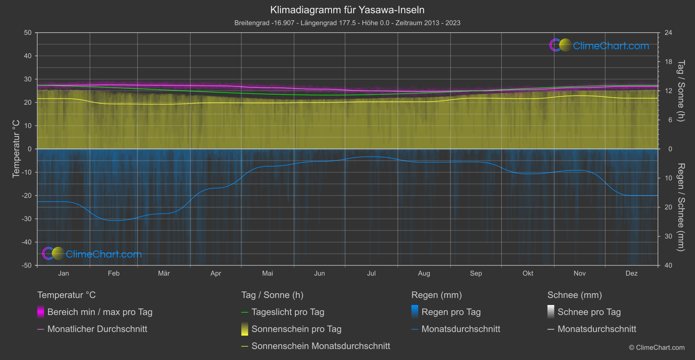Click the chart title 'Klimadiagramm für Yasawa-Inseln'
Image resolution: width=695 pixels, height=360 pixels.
coord(347,10)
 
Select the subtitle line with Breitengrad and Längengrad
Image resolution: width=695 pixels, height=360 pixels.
coord(347,23)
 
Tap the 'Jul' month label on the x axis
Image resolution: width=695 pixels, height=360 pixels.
coord(371,273)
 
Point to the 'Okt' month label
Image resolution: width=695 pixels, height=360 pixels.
coord(528,273)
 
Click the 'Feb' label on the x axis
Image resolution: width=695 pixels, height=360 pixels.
coord(113,273)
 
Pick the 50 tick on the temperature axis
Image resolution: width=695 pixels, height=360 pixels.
coord(28,33)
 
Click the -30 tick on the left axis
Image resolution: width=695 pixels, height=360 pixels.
coord(27,219)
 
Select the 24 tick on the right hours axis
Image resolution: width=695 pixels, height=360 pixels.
coord(668,33)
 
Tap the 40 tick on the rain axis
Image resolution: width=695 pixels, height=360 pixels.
coord(668,265)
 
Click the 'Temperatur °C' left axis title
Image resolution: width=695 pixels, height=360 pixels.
coord(16,149)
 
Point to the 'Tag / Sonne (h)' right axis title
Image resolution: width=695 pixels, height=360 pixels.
coord(681,91)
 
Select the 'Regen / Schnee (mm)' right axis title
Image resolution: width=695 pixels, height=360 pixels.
coord(681,207)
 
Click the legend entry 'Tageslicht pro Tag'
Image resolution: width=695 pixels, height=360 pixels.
coord(288,312)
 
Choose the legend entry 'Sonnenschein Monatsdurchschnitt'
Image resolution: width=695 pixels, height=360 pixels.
coord(321,346)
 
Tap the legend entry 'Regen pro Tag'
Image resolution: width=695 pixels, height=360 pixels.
coord(451,312)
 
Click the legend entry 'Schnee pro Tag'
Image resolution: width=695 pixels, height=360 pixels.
coord(589,312)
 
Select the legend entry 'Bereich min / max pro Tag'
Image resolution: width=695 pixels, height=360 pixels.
coord(99,312)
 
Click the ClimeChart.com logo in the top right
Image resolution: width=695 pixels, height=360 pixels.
coord(599,45)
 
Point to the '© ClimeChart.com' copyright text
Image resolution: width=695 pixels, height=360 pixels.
coord(657,347)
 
